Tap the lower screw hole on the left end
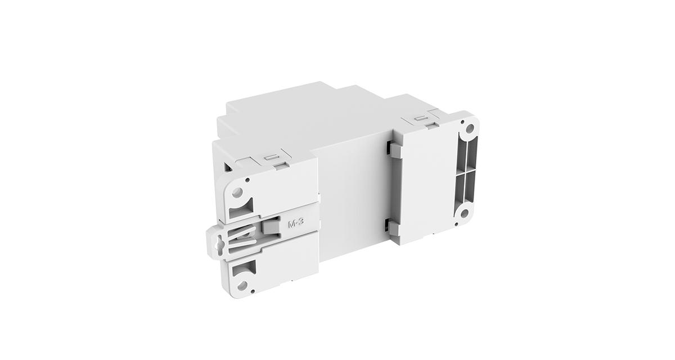click(243, 285)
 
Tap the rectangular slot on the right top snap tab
click(420, 119)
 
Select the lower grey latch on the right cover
click(392, 228)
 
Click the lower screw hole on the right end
click(464, 213)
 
